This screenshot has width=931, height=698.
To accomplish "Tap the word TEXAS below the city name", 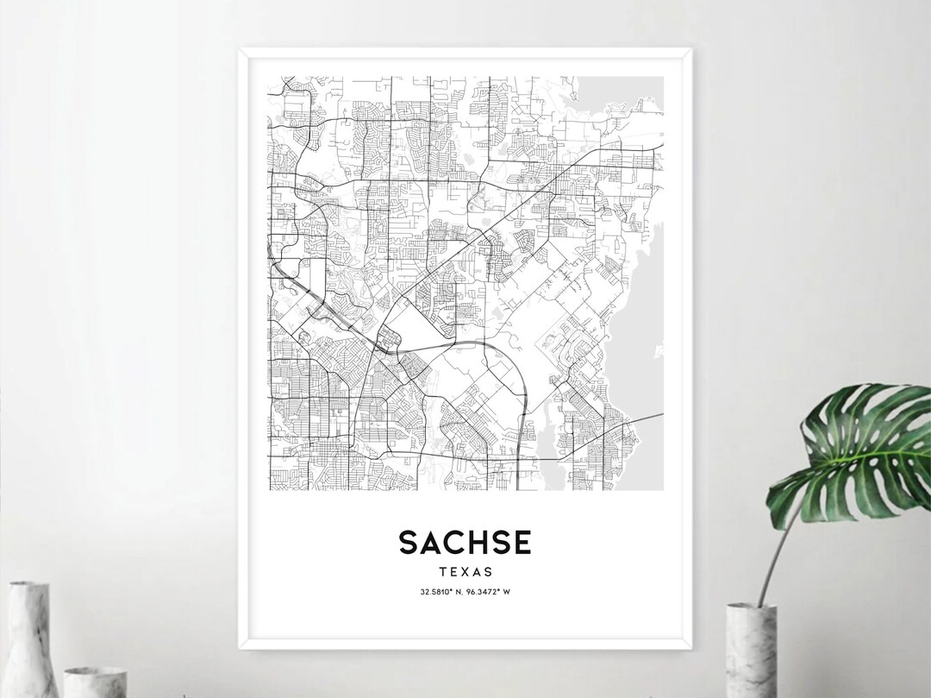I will click(x=465, y=571).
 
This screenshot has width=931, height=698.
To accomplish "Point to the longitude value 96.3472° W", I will click(x=490, y=591).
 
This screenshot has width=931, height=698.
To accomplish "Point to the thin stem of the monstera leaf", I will click(x=772, y=552).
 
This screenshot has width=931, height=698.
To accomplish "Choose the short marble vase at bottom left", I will click(x=95, y=682).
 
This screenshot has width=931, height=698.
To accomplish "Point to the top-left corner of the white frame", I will click(x=241, y=51).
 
